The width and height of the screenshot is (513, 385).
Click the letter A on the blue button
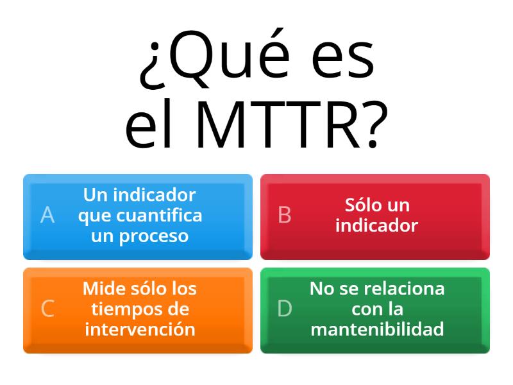(x=47, y=215)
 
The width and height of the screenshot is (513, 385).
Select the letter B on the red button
(x=285, y=215)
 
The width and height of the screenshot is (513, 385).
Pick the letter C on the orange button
(x=47, y=309)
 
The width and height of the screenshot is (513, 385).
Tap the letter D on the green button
(x=285, y=309)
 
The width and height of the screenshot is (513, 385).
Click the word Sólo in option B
(x=362, y=205)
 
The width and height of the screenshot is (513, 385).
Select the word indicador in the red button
(x=376, y=226)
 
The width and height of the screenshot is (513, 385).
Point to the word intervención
(x=140, y=329)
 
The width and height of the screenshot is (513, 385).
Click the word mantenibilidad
(x=377, y=329)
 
